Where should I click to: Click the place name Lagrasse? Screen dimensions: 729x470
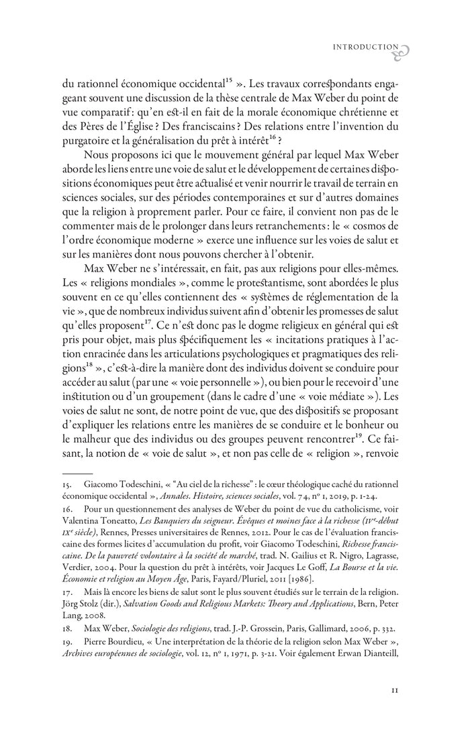pyautogui.click(x=376, y=561)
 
